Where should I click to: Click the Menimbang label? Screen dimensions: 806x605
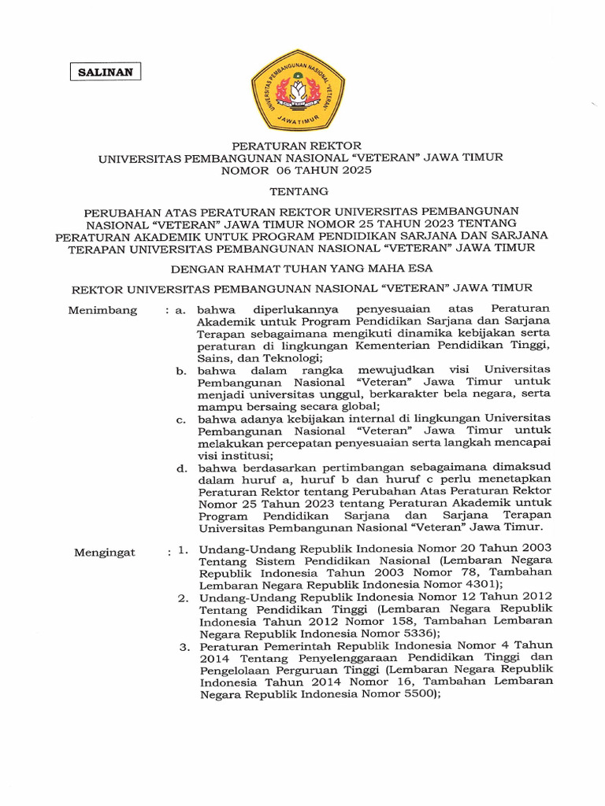pyautogui.click(x=102, y=310)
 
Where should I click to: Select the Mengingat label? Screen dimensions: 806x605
pyautogui.click(x=105, y=553)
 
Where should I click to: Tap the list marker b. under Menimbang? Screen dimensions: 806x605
pyautogui.click(x=182, y=370)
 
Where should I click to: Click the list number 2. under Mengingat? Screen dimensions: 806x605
pyautogui.click(x=183, y=599)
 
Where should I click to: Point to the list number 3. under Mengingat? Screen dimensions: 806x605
pyautogui.click(x=185, y=647)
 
